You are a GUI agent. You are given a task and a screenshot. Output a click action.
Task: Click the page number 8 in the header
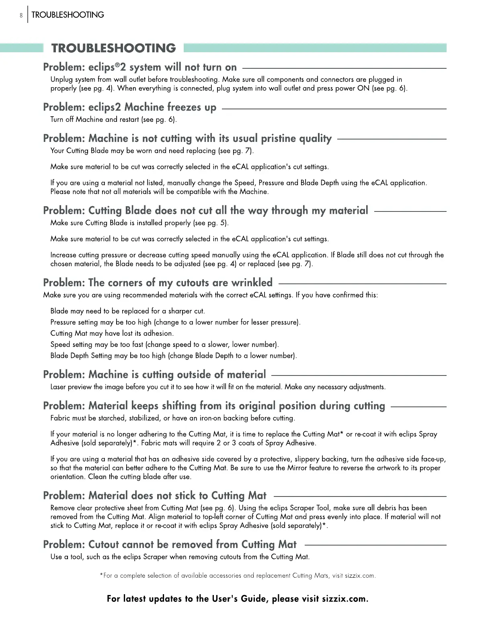tap(21, 15)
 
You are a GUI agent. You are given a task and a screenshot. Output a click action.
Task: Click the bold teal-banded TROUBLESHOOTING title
tap(113, 48)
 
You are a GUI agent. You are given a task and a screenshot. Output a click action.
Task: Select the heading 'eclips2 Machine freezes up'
tap(129, 107)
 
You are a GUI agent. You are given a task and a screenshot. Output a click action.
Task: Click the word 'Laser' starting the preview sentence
tap(58, 387)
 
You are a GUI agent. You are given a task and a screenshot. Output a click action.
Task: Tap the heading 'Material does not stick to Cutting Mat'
tap(155, 496)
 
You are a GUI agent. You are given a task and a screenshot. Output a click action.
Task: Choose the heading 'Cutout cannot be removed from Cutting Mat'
tap(170, 545)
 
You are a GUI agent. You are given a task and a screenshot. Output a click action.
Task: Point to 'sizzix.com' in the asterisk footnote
tap(360, 576)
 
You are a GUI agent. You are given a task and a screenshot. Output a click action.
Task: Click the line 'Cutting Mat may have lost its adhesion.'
tap(112, 333)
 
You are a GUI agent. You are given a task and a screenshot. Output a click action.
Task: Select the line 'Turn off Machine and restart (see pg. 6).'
tap(113, 119)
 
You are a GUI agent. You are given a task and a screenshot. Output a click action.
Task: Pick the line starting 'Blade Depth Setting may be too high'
tap(174, 356)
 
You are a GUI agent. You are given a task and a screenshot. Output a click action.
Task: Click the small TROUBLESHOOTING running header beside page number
tap(68, 15)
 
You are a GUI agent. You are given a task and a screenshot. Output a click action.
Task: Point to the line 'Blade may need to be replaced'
tap(127, 311)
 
